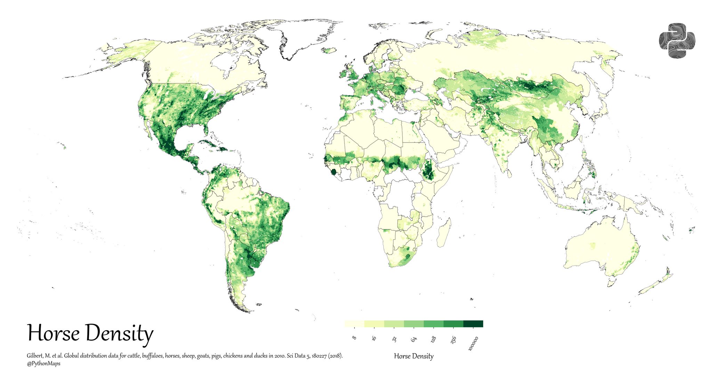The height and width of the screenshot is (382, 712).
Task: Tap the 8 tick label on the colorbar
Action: (354, 338)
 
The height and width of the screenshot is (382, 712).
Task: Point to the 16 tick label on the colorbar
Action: (374, 338)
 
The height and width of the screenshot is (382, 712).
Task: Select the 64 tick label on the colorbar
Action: (413, 339)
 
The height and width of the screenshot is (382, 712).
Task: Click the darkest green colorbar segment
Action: (473, 324)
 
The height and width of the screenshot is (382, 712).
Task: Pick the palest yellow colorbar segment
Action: (354, 324)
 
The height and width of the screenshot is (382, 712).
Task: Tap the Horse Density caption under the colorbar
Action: (414, 356)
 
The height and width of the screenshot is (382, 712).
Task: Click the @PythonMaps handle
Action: (43, 364)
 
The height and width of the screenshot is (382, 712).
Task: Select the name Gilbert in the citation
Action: (35, 356)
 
